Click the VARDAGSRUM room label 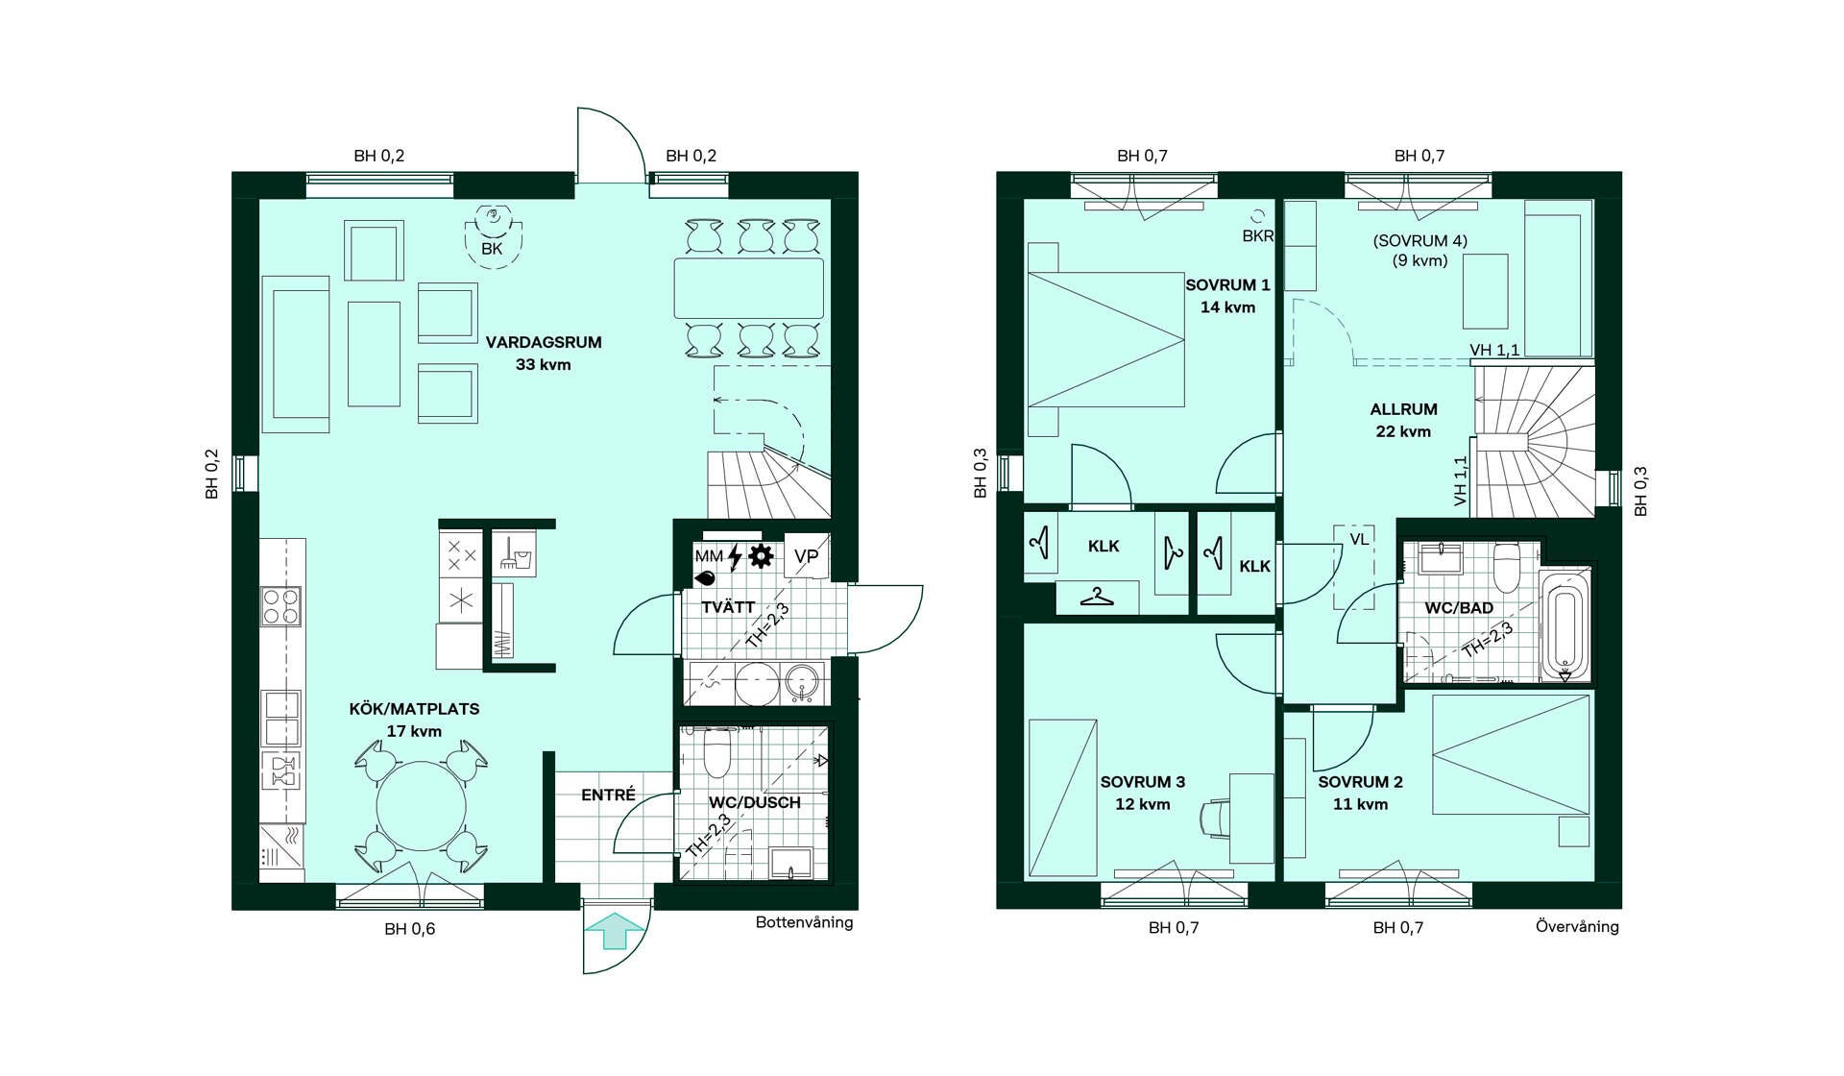544,342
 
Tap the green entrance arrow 615,931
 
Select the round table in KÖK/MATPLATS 421,805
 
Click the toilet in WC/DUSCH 717,752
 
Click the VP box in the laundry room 806,556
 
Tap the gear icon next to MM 761,555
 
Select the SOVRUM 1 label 1227,285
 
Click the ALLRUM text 1403,409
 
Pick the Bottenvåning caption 804,922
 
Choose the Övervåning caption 1577,926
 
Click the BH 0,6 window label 410,929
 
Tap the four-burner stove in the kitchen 281,606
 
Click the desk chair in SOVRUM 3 1215,818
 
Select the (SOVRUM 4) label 1420,241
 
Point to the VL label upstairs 1359,540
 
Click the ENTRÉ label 608,795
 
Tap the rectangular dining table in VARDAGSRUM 749,288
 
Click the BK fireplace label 492,249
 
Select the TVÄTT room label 728,607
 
